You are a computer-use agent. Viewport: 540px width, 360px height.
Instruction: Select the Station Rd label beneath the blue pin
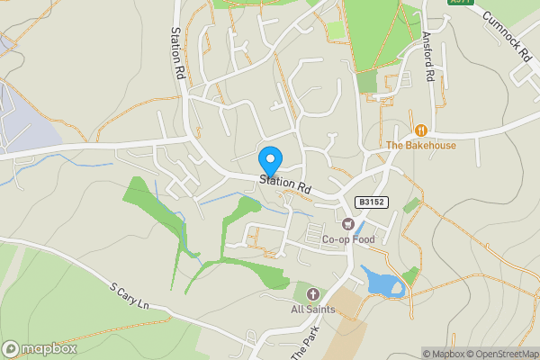(285, 184)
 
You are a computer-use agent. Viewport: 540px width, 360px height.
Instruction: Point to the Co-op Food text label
(347, 239)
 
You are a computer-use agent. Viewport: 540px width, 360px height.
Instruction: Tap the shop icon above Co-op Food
(347, 222)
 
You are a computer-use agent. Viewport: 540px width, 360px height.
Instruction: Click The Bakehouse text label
(421, 145)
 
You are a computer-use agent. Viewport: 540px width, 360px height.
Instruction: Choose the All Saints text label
(312, 310)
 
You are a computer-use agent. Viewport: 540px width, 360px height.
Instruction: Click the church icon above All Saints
(313, 293)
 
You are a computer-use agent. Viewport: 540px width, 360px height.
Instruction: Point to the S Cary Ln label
(129, 296)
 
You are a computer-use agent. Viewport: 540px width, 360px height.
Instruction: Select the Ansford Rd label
(428, 58)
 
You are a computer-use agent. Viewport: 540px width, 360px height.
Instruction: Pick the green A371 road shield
(461, 3)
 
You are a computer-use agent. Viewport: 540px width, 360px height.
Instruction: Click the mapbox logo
(40, 348)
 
